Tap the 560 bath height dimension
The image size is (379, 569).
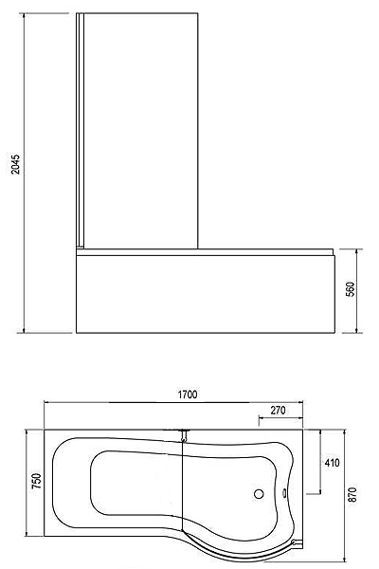click(350, 289)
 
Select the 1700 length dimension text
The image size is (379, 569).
click(185, 396)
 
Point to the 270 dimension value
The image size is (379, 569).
click(279, 411)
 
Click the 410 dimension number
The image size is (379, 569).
click(332, 464)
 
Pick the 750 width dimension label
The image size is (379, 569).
click(37, 483)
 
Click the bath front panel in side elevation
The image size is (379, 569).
click(204, 294)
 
